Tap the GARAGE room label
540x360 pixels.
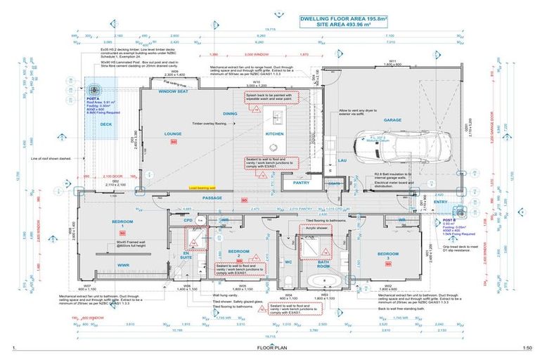click(392, 120)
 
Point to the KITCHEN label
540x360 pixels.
click(274, 133)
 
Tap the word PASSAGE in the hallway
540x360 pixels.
click(212, 199)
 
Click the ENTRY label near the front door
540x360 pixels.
click(441, 202)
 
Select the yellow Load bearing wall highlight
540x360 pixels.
click(202, 188)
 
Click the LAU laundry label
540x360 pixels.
click(343, 161)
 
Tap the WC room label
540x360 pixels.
click(289, 262)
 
